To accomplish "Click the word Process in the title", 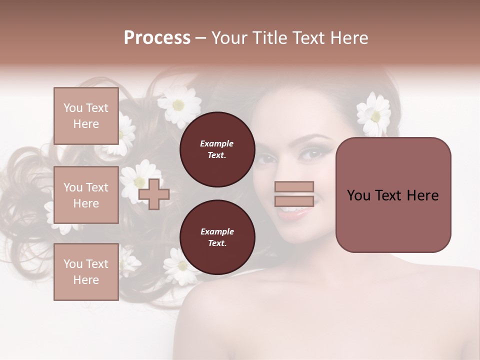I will pyautogui.click(x=157, y=38).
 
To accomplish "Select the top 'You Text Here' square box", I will pyautogui.click(x=86, y=116).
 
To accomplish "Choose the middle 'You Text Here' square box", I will pyautogui.click(x=86, y=195).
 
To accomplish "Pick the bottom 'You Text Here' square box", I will pyautogui.click(x=86, y=271).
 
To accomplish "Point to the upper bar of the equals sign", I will pyautogui.click(x=294, y=187).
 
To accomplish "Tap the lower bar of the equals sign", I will pyautogui.click(x=294, y=201).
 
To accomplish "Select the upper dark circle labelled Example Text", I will pyautogui.click(x=217, y=149).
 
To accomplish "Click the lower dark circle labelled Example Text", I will pyautogui.click(x=217, y=237).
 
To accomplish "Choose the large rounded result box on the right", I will pyautogui.click(x=393, y=195).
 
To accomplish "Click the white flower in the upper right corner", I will pyautogui.click(x=374, y=114).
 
